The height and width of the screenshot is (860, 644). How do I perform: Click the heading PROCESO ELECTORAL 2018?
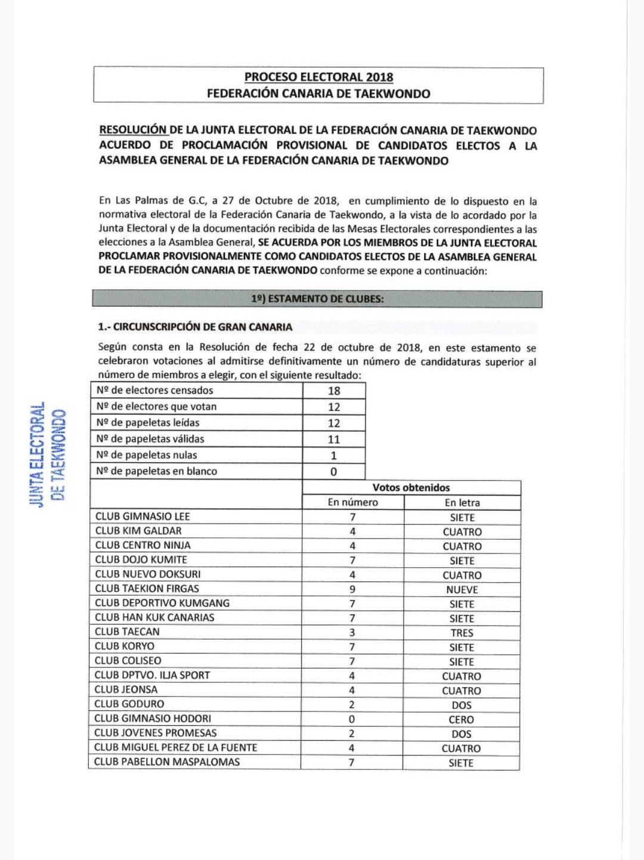[318, 77]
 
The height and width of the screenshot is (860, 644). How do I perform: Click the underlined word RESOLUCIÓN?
[133, 130]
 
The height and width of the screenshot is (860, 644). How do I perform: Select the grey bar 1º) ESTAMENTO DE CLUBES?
[317, 299]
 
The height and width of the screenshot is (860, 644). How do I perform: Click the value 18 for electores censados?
[334, 391]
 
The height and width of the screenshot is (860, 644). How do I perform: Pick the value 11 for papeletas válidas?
[334, 440]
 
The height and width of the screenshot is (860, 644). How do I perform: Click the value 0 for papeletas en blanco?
[334, 472]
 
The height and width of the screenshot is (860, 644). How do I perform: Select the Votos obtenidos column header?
[411, 488]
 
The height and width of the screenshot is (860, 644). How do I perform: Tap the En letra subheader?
[462, 503]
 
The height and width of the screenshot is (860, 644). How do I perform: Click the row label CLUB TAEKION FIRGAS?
[138, 589]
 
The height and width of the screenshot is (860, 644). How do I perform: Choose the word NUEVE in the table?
[462, 590]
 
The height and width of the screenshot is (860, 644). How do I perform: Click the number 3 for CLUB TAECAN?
[352, 633]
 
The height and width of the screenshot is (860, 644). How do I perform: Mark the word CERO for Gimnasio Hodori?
[462, 720]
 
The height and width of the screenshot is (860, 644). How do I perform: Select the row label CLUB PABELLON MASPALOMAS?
[167, 762]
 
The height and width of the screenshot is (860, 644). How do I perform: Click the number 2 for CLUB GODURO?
[352, 704]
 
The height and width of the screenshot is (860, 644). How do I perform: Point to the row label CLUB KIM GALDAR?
[138, 531]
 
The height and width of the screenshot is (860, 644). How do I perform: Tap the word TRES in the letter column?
[462, 633]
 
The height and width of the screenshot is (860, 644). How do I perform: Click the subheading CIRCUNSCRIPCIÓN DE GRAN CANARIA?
[195, 327]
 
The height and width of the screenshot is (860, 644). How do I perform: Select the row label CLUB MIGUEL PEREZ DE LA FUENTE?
[175, 748]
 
